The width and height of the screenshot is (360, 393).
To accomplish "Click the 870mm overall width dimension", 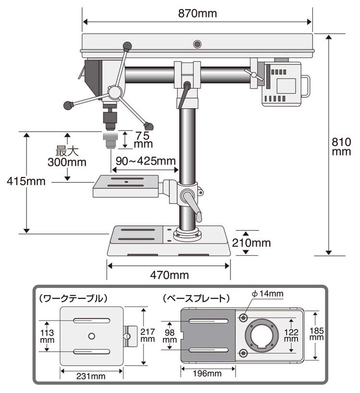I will point(197,13).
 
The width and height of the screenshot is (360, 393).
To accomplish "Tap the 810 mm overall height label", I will point(341,146).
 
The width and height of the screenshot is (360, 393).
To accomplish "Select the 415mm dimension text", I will point(26,181).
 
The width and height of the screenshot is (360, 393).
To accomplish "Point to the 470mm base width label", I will point(169,275).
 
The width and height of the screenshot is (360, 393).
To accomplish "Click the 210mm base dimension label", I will point(252,243).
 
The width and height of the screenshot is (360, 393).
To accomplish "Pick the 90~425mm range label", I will point(145,160).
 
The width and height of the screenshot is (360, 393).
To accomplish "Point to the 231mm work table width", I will point(91,376).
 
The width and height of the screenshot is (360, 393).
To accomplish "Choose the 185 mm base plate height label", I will point(316,334).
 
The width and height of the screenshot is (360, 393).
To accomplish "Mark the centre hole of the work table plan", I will point(91,334).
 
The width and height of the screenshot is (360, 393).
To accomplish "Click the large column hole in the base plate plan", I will point(261,334).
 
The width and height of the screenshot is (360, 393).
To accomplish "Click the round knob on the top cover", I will point(196,44).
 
